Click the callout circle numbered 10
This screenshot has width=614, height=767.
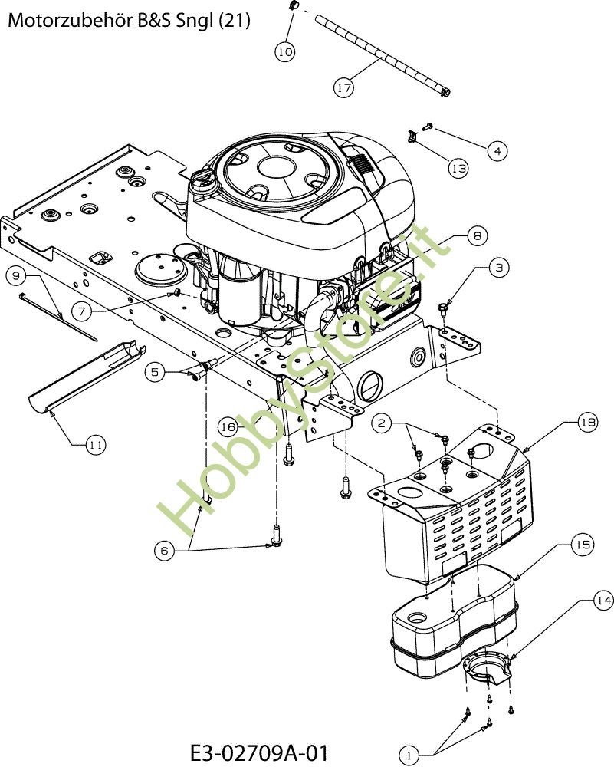coord(285,51)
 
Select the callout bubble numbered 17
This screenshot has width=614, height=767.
coord(343,87)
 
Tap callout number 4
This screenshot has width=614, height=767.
coord(497,150)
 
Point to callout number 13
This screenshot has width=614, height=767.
coord(458,168)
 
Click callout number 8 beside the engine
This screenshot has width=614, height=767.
coord(477,235)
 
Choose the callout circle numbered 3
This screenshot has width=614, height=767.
coord(498,267)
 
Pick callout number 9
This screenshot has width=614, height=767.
coord(16,276)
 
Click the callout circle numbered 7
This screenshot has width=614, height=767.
coord(82,311)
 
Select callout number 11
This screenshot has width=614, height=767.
coord(95,445)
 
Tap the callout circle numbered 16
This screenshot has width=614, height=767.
coord(228,427)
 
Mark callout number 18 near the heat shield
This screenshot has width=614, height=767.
coord(587,422)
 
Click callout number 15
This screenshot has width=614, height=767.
coord(583,544)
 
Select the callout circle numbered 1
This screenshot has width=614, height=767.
coord(409,755)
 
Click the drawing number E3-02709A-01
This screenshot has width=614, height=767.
coord(259,752)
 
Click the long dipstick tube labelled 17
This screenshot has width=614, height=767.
coord(383,55)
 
